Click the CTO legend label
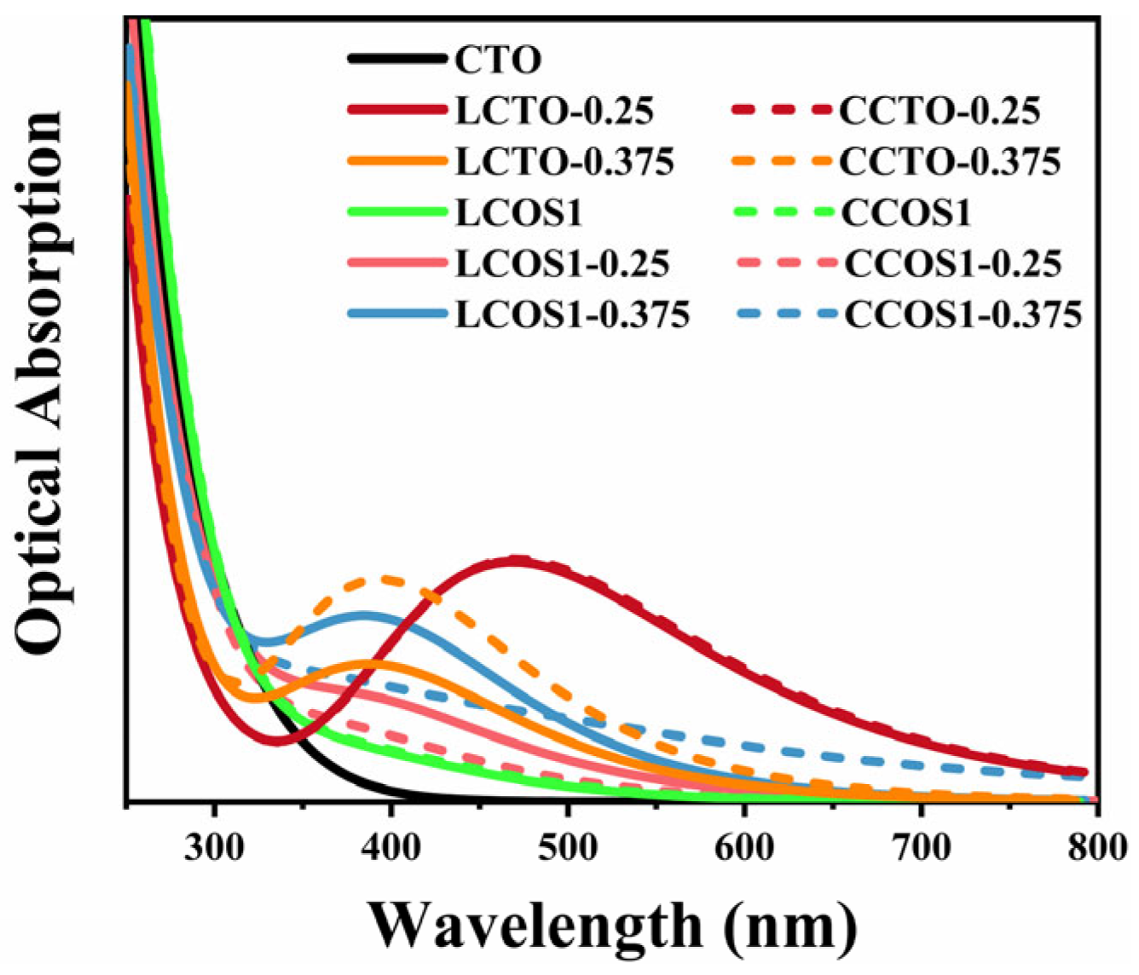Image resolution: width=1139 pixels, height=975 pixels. (498, 61)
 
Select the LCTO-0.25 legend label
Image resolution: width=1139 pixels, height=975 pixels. (554, 111)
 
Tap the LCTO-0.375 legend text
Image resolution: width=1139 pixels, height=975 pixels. (564, 161)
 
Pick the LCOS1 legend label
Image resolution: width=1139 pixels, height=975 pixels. (518, 212)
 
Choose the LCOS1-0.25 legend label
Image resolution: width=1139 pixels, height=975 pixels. (562, 263)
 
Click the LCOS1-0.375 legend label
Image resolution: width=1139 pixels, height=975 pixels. (572, 314)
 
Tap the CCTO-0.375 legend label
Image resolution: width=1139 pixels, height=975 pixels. (950, 161)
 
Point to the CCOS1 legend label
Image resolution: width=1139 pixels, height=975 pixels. (906, 212)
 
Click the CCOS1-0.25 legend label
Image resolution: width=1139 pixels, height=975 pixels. (953, 263)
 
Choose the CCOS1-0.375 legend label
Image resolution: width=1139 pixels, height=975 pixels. (963, 314)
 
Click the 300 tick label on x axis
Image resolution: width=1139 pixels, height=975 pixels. (215, 848)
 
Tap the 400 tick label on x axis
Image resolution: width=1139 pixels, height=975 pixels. (391, 848)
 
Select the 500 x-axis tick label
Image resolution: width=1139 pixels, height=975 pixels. (568, 848)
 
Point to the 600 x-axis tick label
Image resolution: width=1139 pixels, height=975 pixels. (744, 848)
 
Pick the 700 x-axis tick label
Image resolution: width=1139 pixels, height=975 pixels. (921, 848)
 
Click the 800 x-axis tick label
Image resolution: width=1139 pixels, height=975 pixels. (1096, 848)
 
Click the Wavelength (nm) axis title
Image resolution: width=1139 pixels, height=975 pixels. (612, 926)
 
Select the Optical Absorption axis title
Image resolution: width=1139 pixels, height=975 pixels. (40, 384)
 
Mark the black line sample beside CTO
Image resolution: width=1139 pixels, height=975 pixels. (397, 60)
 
